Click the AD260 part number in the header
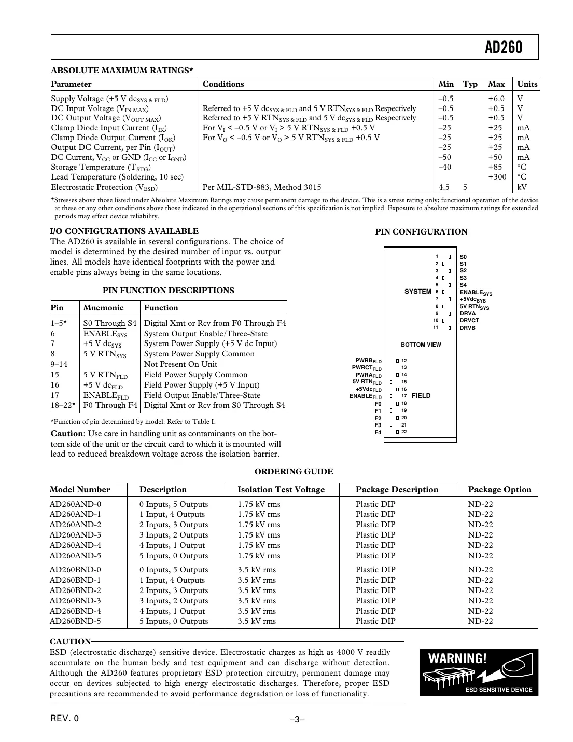[503, 48]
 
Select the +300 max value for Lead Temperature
[497, 177]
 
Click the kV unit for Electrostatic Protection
[522, 187]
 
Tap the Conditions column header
[223, 84]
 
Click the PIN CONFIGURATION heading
[421, 232]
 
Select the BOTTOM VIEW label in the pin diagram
[421, 345]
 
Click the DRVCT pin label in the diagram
[469, 321]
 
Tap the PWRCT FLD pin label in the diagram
[367, 368]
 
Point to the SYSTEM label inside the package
[417, 292]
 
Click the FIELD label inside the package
[421, 396]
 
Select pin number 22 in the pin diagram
[404, 432]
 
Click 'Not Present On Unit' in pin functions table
[180, 364]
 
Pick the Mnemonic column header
[103, 308]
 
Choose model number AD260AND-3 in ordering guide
[75, 535]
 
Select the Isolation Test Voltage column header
[281, 490]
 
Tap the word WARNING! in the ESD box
[457, 659]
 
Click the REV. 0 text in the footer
[64, 719]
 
